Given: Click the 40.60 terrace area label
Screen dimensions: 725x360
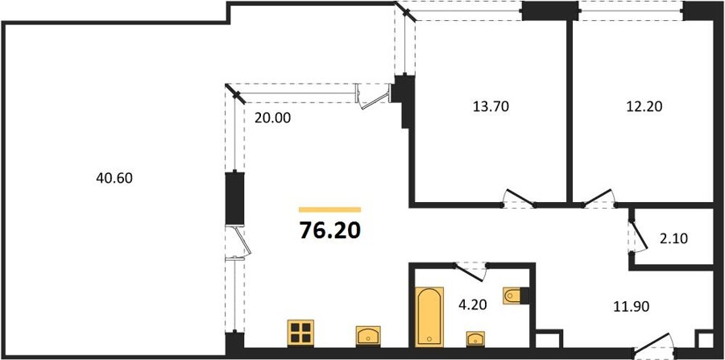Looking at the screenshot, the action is pyautogui.click(x=114, y=178).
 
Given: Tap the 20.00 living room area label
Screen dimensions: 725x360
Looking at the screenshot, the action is pyautogui.click(x=273, y=118).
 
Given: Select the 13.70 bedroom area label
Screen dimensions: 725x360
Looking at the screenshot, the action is pyautogui.click(x=491, y=107).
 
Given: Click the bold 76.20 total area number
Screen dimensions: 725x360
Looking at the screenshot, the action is pyautogui.click(x=329, y=230).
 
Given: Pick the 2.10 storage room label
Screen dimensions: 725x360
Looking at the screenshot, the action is pyautogui.click(x=674, y=239).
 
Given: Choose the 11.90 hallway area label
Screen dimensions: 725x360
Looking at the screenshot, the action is pyautogui.click(x=632, y=305).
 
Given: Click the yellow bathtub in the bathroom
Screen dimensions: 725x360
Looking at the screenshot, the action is pyautogui.click(x=429, y=317).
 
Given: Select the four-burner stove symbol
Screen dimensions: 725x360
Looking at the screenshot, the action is pyautogui.click(x=300, y=333).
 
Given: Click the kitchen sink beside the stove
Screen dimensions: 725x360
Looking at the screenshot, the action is pyautogui.click(x=368, y=336).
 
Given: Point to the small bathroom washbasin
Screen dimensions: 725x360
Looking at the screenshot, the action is pyautogui.click(x=475, y=338).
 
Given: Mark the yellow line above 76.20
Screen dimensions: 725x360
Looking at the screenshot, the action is pyautogui.click(x=329, y=209).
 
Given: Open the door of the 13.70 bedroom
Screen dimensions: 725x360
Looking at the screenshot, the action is pyautogui.click(x=520, y=198).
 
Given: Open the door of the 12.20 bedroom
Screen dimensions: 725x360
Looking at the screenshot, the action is pyautogui.click(x=599, y=198).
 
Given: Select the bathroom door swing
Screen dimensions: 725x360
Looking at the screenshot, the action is pyautogui.click(x=470, y=272).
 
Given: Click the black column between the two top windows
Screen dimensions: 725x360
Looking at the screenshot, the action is pyautogui.click(x=550, y=11).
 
